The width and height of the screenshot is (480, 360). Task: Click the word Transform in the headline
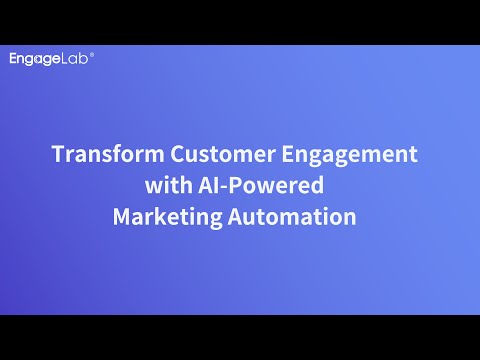[108, 154]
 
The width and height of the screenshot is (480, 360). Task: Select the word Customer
[223, 154]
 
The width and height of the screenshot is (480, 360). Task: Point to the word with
[169, 185]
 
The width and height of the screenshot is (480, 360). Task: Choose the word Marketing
[167, 218]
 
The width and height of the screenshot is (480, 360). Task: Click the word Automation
[292, 216]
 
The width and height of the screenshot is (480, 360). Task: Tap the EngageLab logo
[52, 59]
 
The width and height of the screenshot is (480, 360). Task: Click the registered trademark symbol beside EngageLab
[92, 55]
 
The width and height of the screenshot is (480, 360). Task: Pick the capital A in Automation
[236, 217]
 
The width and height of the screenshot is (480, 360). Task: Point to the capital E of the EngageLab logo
[13, 58]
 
